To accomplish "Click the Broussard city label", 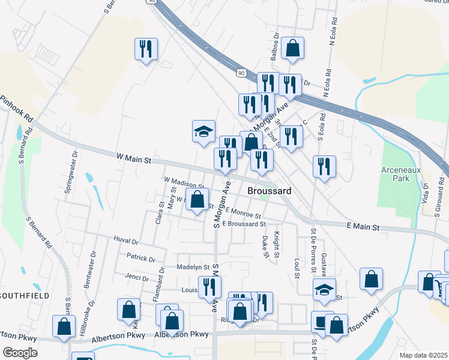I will (270, 190).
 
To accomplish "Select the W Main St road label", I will (134, 159).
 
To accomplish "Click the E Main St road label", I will (363, 227).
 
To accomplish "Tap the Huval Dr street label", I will (125, 240).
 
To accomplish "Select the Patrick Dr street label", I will (141, 259).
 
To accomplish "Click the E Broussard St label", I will (243, 224).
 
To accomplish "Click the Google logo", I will (20, 353).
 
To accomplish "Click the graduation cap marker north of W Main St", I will (203, 131).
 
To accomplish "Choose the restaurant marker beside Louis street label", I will (209, 289).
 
